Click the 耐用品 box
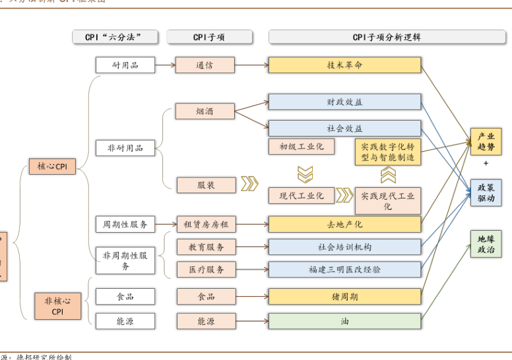tap(125, 65)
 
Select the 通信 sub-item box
tap(205, 65)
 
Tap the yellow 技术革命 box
tap(344, 65)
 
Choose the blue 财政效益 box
tap(344, 102)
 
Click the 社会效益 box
tap(344, 128)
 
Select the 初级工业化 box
tap(302, 146)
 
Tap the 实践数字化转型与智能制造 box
tap(387, 152)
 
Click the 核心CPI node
tap(52, 167)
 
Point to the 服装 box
tap(206, 185)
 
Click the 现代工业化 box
tap(302, 195)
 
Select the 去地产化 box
tap(344, 224)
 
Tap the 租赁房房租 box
tap(206, 224)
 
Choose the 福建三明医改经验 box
tap(344, 269)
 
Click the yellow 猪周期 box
tap(344, 297)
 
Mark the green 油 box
tap(344, 321)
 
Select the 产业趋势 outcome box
tap(486, 142)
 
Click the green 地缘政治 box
tap(486, 244)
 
